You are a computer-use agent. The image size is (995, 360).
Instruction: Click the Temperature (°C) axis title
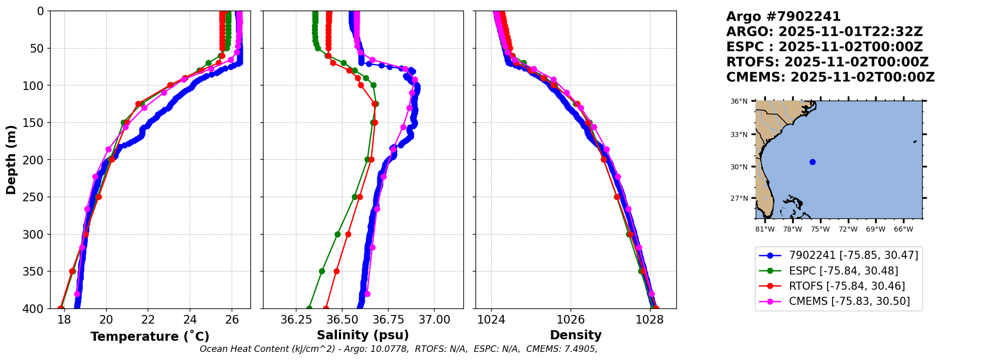[x=150, y=336]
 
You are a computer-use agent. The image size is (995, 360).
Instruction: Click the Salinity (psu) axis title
[x=363, y=335]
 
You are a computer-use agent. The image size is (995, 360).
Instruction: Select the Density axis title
[x=576, y=335]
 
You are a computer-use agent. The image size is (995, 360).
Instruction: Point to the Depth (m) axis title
[x=11, y=159]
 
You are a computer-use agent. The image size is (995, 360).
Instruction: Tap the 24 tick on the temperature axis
[x=190, y=320]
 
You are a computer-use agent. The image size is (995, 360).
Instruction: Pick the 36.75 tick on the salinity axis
[x=388, y=320]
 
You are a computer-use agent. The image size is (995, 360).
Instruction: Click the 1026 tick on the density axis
[x=571, y=320]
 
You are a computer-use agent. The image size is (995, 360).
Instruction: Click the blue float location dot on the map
[x=812, y=162]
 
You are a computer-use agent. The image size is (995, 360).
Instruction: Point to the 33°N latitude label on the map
[x=739, y=134]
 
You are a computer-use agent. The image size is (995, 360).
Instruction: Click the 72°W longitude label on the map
[x=848, y=229]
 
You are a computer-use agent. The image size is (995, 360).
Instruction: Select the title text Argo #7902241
[x=783, y=17]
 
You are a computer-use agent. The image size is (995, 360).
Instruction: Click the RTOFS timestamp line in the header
[x=827, y=62]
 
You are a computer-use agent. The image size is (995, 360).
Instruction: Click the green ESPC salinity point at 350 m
[x=322, y=272]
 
